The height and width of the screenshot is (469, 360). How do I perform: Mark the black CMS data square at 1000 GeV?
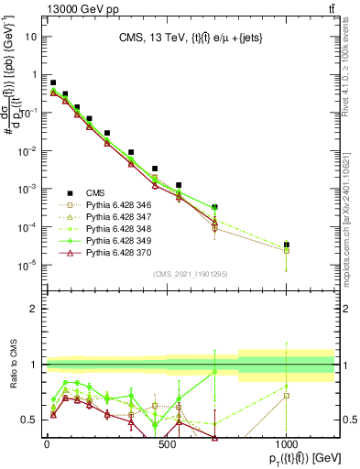[x=287, y=245]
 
